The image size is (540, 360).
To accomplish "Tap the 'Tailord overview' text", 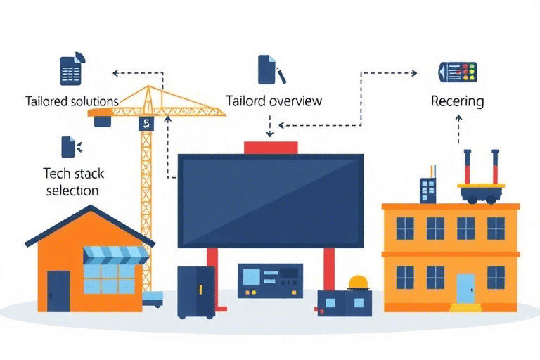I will click(x=274, y=101).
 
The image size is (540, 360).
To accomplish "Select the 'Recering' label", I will click(x=457, y=101).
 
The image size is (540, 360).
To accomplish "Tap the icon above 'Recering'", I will click(x=458, y=72).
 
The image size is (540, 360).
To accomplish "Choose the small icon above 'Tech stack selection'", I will click(x=69, y=147).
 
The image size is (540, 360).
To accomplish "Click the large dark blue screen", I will click(x=271, y=201).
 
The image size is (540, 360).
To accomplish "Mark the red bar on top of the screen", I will click(x=271, y=147).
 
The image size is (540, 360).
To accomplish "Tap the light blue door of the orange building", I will click(x=465, y=288).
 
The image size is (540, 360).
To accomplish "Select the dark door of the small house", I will click(x=58, y=290).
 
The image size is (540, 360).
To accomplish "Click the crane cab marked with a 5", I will click(x=146, y=123).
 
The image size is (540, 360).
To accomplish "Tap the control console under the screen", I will click(x=270, y=281).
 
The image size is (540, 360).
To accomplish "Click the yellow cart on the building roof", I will click(x=482, y=189).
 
